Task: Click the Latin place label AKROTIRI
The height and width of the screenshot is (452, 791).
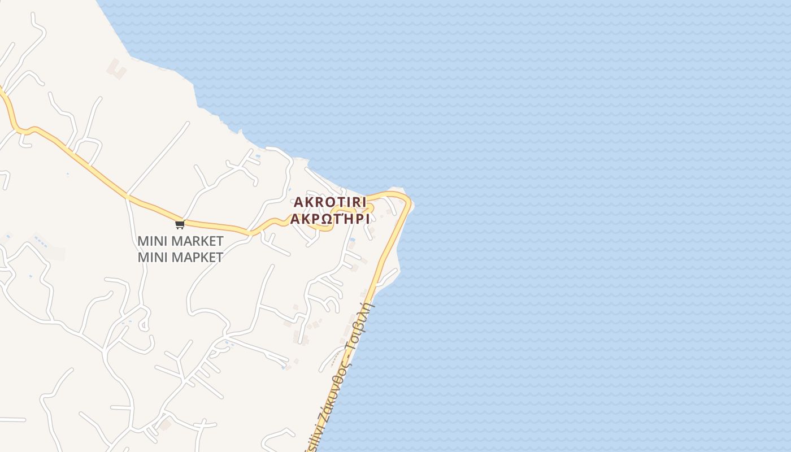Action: (330, 202)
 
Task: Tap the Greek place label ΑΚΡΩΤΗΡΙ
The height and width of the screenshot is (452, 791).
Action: (330, 219)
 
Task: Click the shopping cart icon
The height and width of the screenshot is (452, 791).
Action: (180, 225)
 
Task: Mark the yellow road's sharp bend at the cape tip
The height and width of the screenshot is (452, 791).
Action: (406, 201)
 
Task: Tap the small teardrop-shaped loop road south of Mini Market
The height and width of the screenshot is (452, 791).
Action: (144, 323)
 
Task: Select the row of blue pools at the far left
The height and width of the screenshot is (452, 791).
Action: (40, 242)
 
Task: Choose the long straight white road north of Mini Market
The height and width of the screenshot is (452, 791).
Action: (158, 158)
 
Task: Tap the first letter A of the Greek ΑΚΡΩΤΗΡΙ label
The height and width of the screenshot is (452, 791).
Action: (295, 219)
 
